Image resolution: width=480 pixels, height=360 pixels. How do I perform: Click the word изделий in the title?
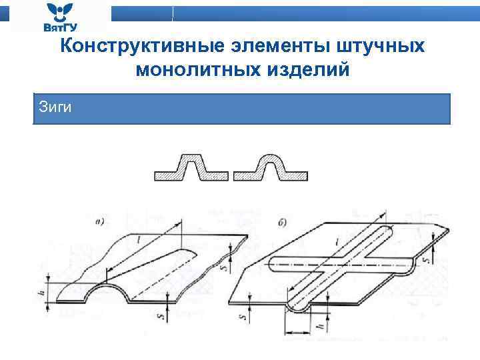click(x=307, y=69)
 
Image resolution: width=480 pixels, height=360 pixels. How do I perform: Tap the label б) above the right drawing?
click(x=284, y=221)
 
